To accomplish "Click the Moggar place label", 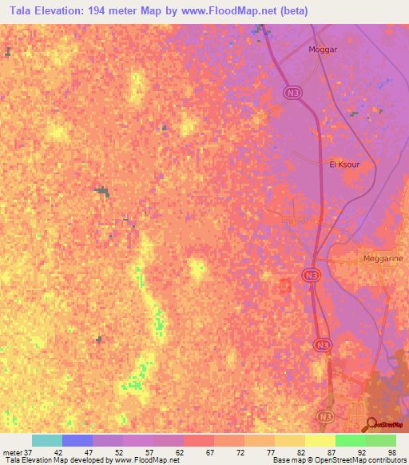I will coord(324,50).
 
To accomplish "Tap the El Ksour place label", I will coord(344,164).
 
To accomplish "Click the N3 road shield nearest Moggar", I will coord(292,93).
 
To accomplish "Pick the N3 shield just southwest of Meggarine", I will coord(312,275).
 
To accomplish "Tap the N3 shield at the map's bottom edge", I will coord(321,417).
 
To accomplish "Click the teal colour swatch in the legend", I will coord(47,440).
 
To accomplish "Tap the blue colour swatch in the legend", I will coord(77,440).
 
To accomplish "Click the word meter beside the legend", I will coord(11,451).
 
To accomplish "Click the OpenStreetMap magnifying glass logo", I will coord(372,423).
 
